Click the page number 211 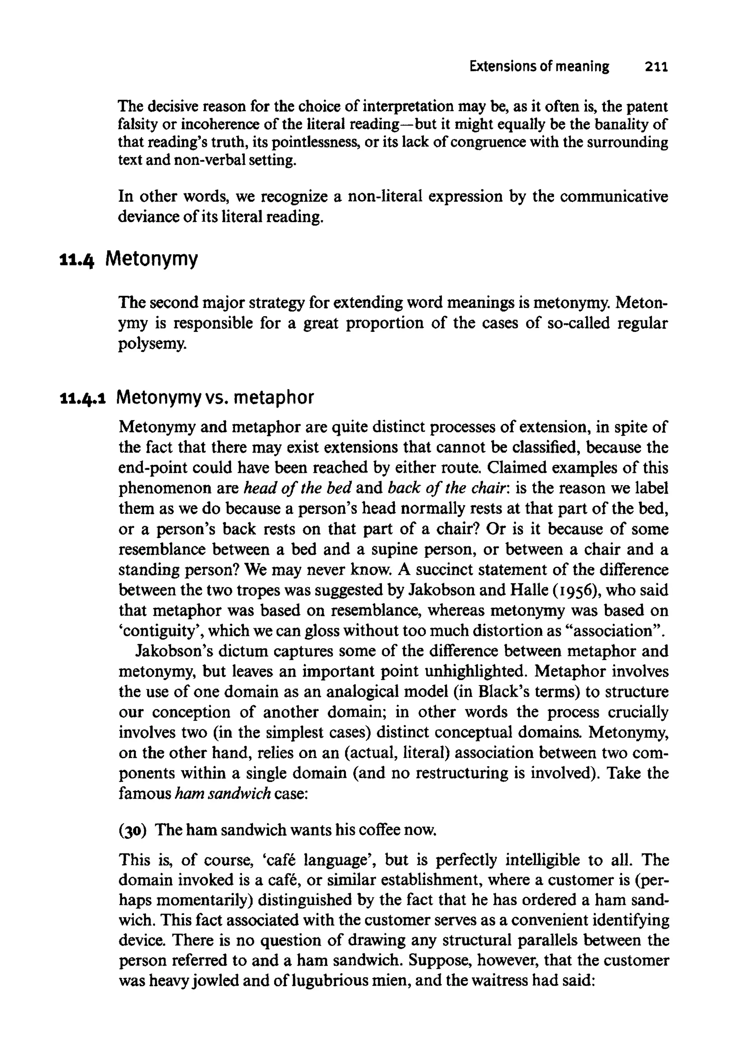[x=656, y=67]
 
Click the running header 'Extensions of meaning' [x=539, y=67]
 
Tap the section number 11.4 [x=77, y=260]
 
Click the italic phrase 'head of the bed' [x=297, y=488]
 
